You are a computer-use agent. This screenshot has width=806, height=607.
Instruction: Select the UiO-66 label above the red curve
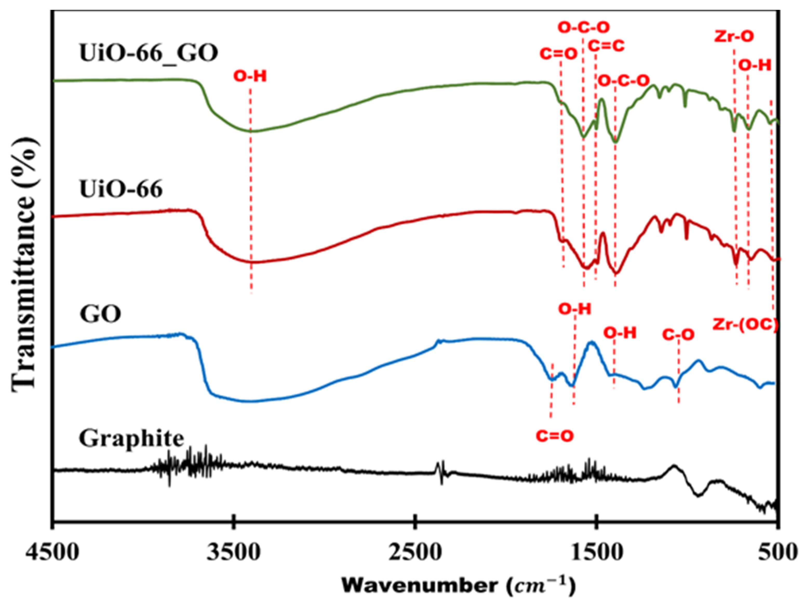pyautogui.click(x=121, y=190)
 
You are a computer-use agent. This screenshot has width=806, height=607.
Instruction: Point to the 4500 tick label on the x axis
pyautogui.click(x=52, y=552)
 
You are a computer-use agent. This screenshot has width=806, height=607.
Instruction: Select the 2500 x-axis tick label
pyautogui.click(x=415, y=552)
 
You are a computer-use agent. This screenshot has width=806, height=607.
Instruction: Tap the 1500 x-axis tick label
pyautogui.click(x=596, y=552)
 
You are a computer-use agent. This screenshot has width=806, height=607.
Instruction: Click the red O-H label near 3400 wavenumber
pyautogui.click(x=250, y=77)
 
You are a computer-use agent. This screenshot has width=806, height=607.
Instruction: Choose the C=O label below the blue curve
pyautogui.click(x=555, y=435)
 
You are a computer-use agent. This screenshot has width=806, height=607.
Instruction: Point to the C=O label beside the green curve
pyautogui.click(x=559, y=54)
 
